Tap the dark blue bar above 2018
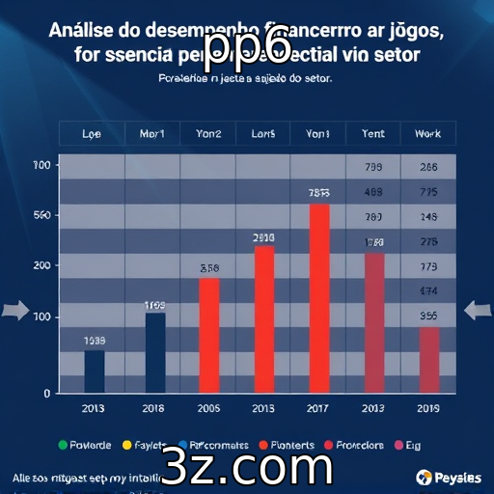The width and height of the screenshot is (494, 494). point(154,352)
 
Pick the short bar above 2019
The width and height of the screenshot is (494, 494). point(429,360)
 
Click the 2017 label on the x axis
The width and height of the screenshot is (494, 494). point(318,408)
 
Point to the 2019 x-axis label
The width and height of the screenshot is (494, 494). point(428,408)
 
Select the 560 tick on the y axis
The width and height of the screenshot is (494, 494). point(41,215)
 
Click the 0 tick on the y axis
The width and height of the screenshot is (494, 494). point(45,393)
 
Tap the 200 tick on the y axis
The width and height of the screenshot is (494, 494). point(41,265)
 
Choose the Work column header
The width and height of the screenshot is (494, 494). point(427,134)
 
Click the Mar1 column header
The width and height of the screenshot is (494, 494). point(153,134)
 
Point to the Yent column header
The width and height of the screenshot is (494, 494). point(372,134)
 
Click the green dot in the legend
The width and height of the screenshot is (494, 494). point(63,445)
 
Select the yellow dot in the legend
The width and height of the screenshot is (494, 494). point(126,445)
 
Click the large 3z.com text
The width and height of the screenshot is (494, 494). point(247,467)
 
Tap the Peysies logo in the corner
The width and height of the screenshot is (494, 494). point(448,478)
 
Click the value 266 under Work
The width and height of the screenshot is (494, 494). point(428,167)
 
